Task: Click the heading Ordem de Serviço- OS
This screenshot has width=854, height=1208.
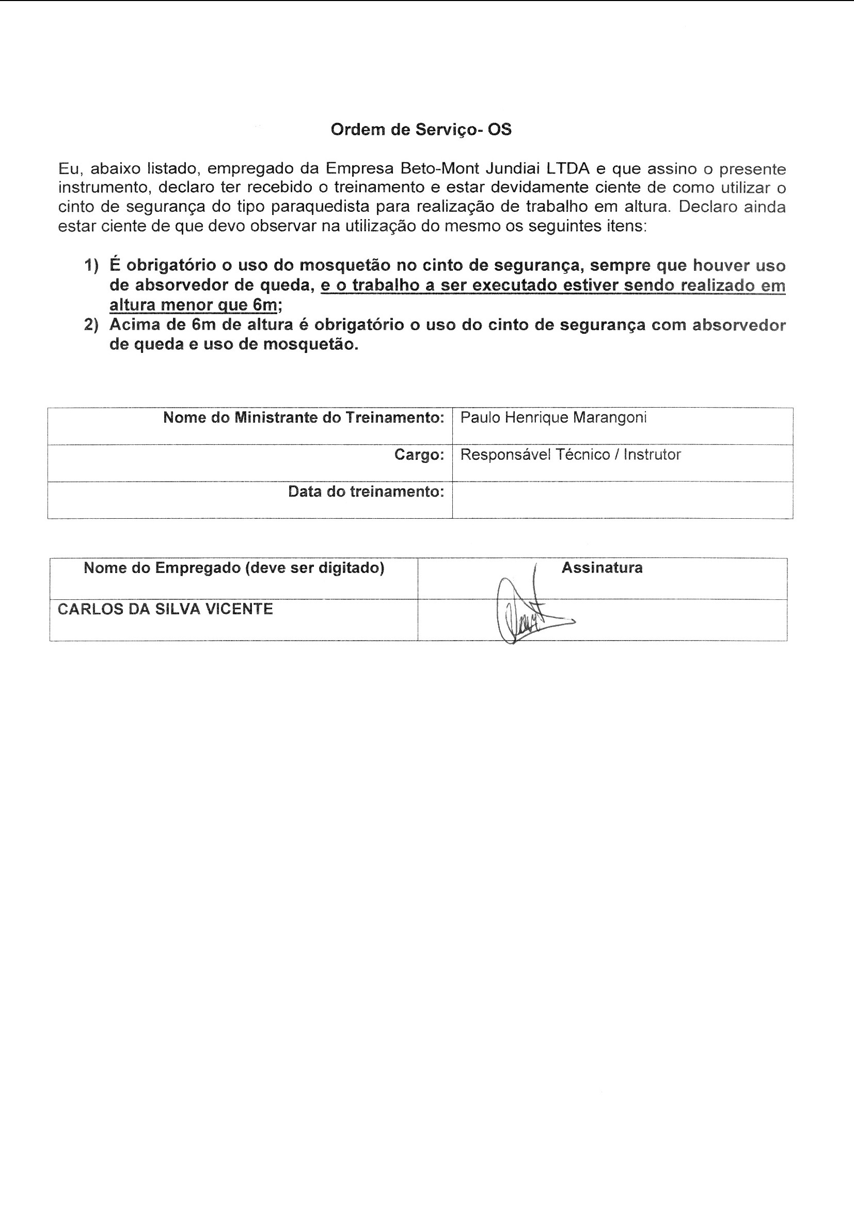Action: tap(421, 129)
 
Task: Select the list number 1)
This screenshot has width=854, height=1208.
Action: tap(91, 265)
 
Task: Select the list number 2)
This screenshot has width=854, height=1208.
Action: tap(91, 324)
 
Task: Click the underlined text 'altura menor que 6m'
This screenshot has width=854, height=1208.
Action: tap(193, 305)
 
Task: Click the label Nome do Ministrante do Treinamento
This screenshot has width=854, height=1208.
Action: tap(304, 418)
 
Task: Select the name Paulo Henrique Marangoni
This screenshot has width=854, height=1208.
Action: tap(553, 418)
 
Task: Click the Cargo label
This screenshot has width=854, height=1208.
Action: tap(419, 455)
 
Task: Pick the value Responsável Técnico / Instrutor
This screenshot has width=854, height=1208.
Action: tap(571, 455)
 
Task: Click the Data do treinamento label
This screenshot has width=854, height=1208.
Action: tap(366, 492)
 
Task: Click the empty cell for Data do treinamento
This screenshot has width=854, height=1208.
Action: tap(622, 500)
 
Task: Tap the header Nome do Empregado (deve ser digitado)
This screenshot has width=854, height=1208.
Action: tap(234, 568)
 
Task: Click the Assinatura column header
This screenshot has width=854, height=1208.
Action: tap(602, 568)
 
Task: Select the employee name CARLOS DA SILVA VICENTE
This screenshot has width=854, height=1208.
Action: tap(165, 609)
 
